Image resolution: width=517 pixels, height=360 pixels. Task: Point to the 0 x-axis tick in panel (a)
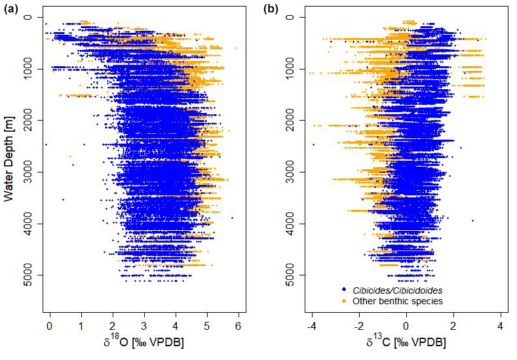coord(50,326)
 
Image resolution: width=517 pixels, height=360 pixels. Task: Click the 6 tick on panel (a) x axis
coord(238,326)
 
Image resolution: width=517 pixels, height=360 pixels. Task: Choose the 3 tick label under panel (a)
coord(144,326)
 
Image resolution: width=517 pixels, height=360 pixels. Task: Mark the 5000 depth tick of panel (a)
coord(29,275)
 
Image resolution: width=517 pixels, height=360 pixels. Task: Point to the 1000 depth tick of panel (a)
coord(29,69)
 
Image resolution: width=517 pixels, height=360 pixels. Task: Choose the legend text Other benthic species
coord(397,302)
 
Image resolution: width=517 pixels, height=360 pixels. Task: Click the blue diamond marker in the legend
coord(343,290)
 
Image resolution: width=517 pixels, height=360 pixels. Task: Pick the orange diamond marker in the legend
coord(343,302)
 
